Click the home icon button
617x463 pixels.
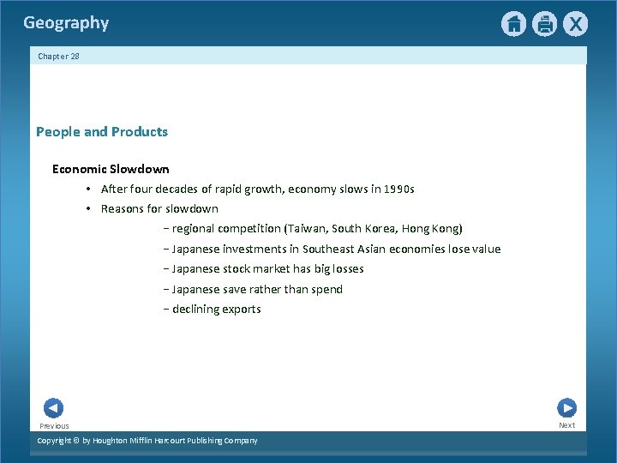513,24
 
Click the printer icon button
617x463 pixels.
544,24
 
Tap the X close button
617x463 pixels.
575,24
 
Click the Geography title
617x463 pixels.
66,23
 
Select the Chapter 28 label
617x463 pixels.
58,56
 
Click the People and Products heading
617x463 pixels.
102,132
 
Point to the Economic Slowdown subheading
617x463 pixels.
111,170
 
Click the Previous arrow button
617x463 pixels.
53,409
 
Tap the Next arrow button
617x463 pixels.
566,408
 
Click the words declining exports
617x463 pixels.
216,310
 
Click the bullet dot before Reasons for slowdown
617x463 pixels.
88,209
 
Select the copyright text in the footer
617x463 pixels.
147,441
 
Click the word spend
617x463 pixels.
326,290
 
